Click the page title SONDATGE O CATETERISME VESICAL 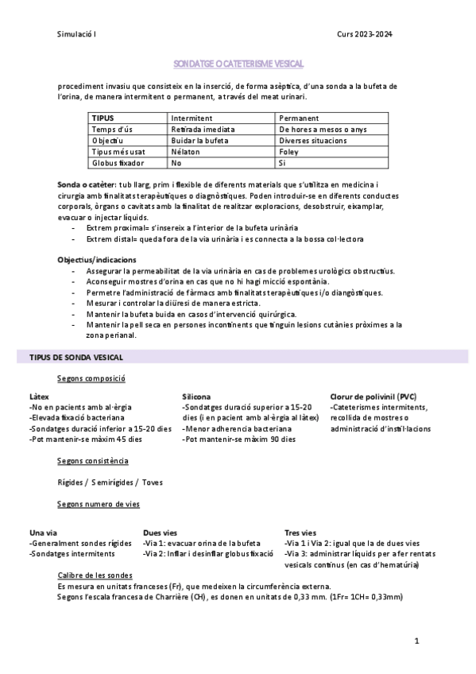[238, 63]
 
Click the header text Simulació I [77, 34]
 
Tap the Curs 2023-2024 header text [364, 34]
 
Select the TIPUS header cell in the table [103, 118]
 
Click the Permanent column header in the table [299, 118]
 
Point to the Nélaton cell [187, 151]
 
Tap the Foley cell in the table [288, 151]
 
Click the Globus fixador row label [118, 162]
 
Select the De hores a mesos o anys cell [323, 129]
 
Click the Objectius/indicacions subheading [96, 260]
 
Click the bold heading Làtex [39, 396]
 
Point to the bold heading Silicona [196, 396]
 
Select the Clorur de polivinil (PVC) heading [373, 396]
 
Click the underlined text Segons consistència [93, 461]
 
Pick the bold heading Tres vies [300, 533]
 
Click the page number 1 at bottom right [416, 639]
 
